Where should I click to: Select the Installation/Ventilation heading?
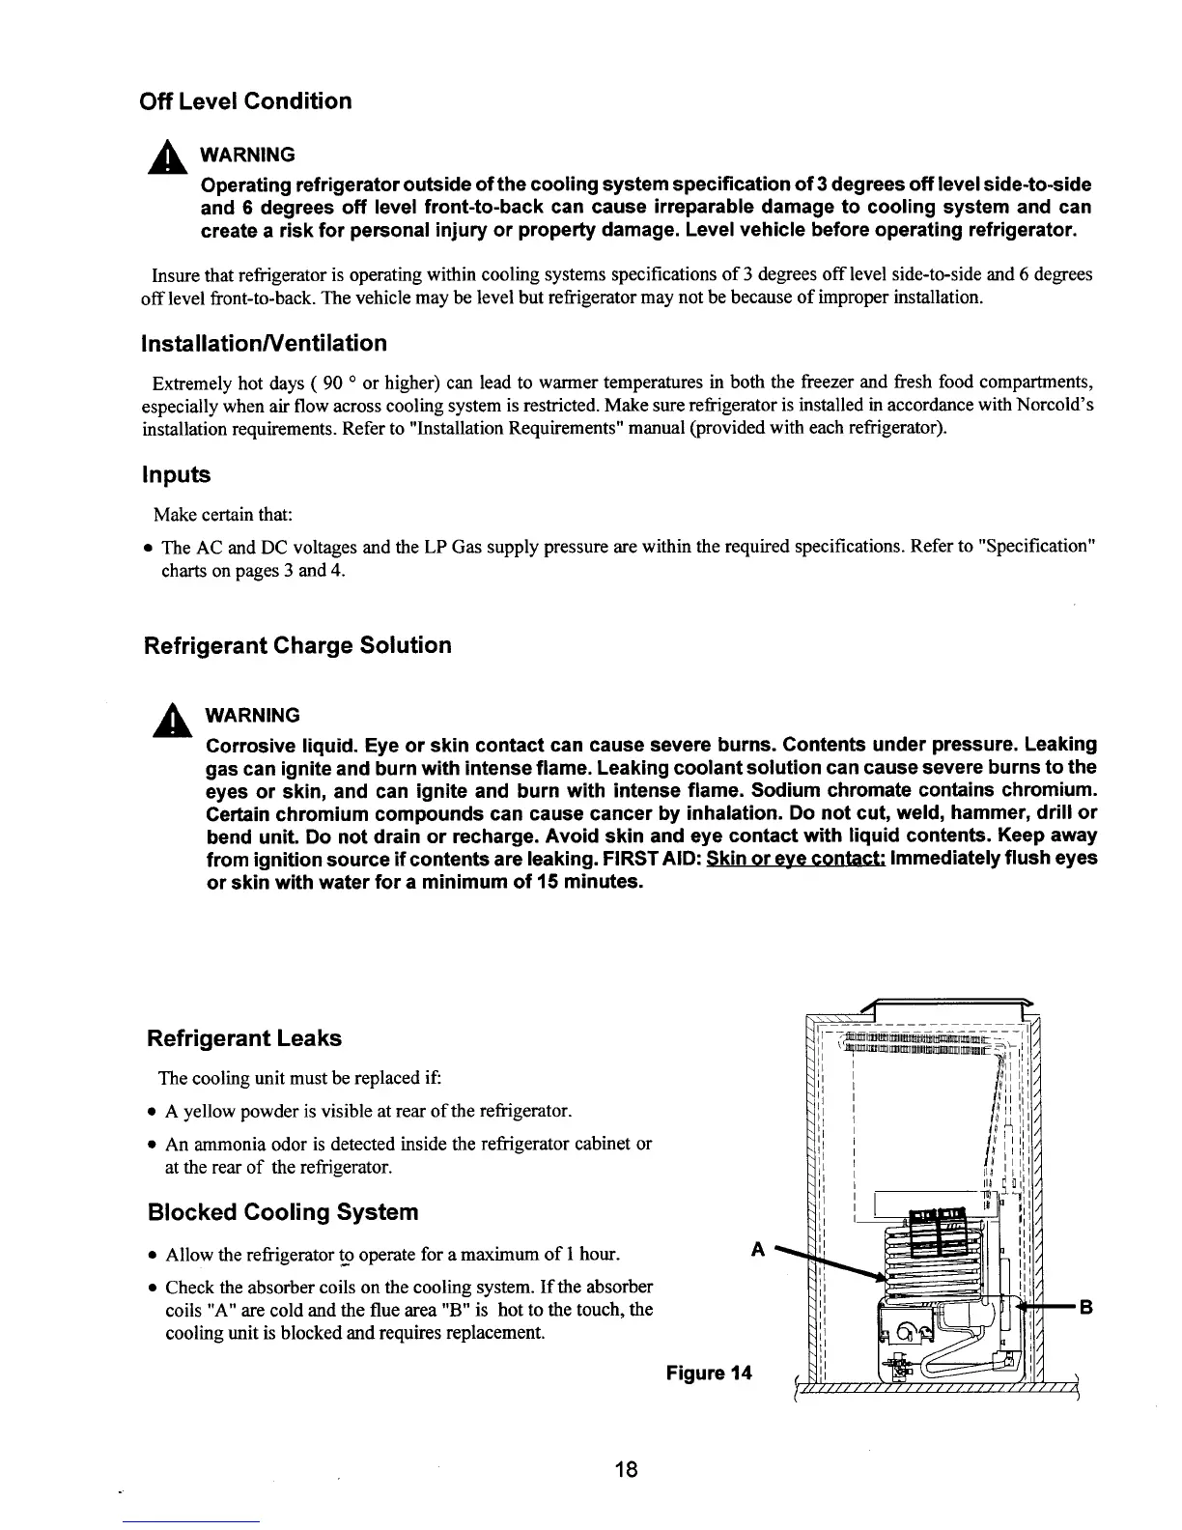point(265,344)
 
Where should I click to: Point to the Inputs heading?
point(176,475)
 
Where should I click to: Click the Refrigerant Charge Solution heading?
point(297,645)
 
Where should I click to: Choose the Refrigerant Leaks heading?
point(243,1038)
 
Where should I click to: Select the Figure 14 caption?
point(709,1374)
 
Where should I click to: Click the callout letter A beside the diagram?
point(758,1250)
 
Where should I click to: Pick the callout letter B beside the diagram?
point(1085,1310)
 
